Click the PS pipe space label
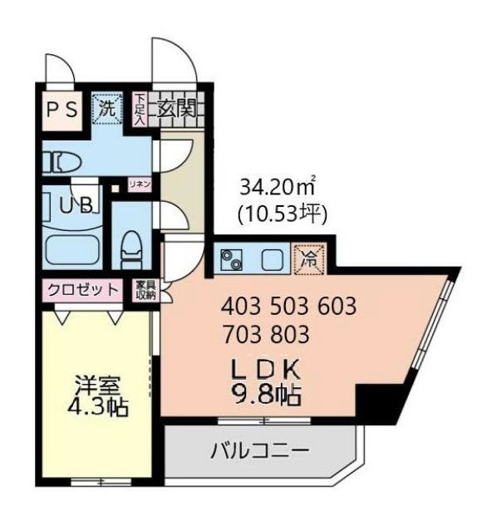(x=62, y=110)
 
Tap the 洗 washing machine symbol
(x=106, y=107)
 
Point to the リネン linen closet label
(x=139, y=184)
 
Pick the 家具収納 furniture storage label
(x=145, y=290)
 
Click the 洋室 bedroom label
(x=98, y=386)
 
